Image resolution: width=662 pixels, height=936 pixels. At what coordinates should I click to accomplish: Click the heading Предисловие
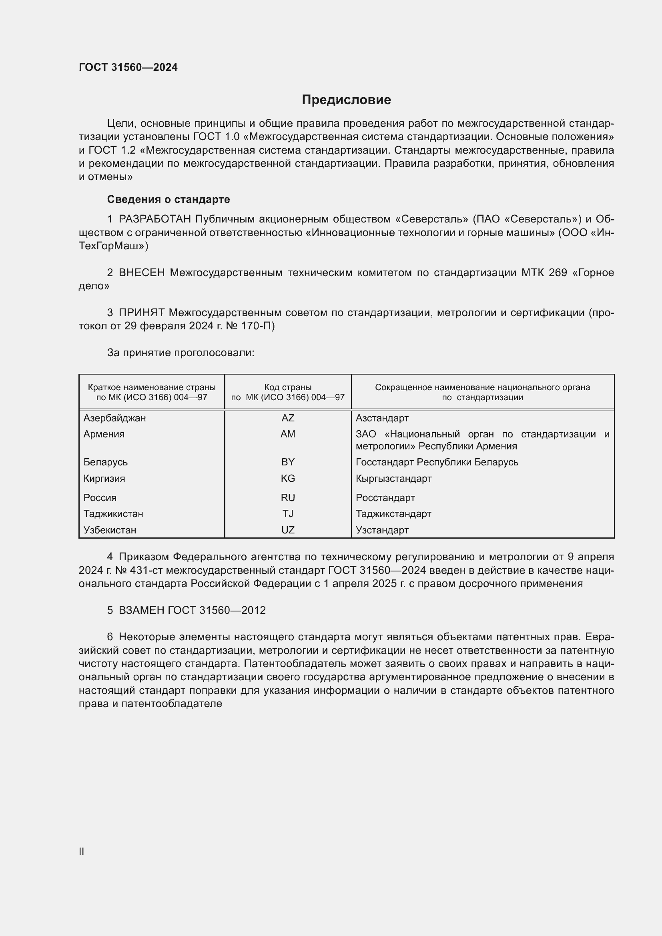[x=346, y=100]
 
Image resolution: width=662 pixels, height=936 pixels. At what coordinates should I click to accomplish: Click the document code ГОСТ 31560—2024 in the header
[x=128, y=67]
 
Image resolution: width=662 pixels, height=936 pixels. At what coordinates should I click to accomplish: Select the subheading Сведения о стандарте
[x=169, y=199]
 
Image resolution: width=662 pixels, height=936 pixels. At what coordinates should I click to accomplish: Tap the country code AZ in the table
[x=288, y=418]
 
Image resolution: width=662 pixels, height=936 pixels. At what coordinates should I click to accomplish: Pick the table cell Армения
[x=104, y=434]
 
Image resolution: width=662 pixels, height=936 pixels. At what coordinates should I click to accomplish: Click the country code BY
[x=288, y=462]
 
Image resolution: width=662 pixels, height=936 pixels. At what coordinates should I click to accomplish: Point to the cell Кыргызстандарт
[x=393, y=478]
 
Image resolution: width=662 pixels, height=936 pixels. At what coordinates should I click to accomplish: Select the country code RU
[x=288, y=497]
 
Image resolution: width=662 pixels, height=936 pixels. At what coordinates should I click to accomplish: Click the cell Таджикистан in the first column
[x=113, y=514]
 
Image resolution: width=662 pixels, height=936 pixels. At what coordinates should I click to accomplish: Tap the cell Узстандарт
[x=382, y=530]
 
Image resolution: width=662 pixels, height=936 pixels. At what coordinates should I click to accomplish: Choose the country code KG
[x=288, y=478]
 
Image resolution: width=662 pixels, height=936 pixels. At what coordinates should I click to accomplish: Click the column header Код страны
[x=288, y=387]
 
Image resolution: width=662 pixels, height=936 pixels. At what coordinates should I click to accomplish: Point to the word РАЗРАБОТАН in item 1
[x=155, y=219]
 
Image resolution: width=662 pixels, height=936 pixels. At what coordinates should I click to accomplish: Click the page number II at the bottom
[x=82, y=851]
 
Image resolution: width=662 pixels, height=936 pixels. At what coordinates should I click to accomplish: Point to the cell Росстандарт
[x=385, y=497]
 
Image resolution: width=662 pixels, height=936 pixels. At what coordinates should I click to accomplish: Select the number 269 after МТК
[x=558, y=273]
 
